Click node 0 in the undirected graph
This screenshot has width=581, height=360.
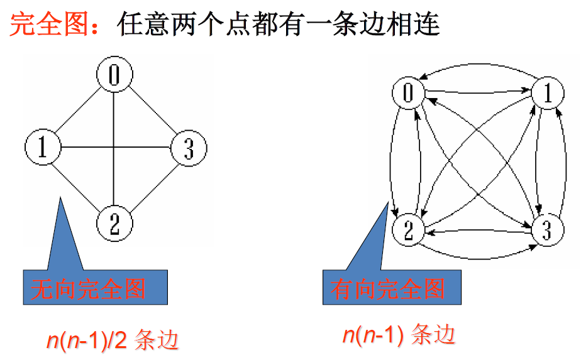(x=114, y=75)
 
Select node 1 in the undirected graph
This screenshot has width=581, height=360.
(x=42, y=148)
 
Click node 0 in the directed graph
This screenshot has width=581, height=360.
(x=409, y=94)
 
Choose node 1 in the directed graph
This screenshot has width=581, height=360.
(x=548, y=94)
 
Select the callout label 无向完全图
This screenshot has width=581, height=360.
(x=89, y=288)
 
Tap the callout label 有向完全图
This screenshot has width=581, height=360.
(x=388, y=288)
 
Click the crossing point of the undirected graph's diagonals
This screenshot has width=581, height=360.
(x=114, y=148)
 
